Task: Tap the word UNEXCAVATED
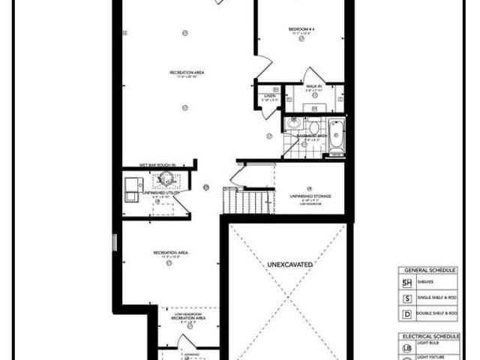point(288,265)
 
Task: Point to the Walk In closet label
point(313,86)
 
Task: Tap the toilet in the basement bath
point(316,128)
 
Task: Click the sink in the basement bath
point(295,125)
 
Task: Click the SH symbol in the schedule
point(408,283)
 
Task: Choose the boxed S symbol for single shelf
point(408,298)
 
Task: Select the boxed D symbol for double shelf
point(408,313)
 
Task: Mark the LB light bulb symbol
point(408,349)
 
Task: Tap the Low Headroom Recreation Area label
point(188,316)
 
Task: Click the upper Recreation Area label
point(187,73)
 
